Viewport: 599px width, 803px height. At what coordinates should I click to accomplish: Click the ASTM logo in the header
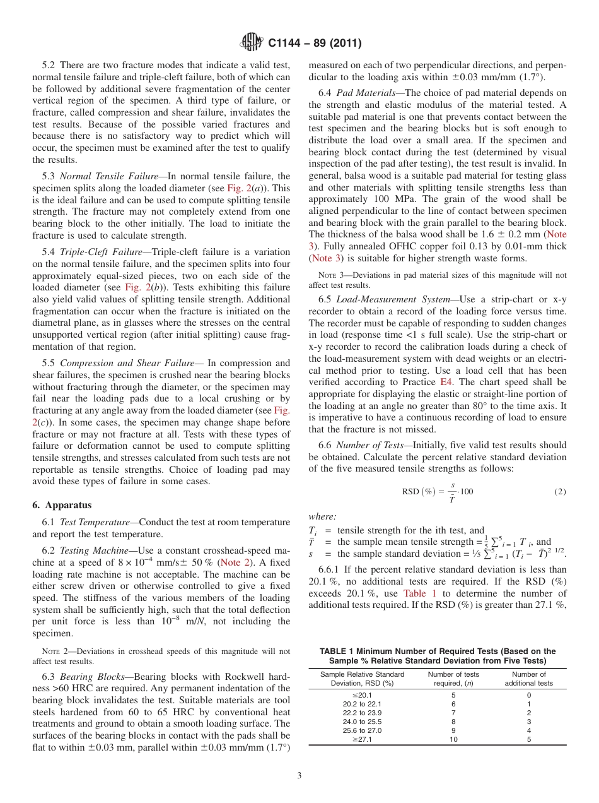[252, 43]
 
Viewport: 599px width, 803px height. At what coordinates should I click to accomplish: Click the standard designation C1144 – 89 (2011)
[314, 44]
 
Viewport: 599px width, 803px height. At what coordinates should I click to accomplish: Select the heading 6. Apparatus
[62, 505]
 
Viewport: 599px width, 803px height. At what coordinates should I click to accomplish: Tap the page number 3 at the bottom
[299, 775]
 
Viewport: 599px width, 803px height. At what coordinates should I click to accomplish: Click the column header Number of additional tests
[529, 679]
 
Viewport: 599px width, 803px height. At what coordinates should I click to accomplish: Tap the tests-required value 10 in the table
[453, 740]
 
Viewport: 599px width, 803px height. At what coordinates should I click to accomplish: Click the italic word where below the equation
[322, 516]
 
